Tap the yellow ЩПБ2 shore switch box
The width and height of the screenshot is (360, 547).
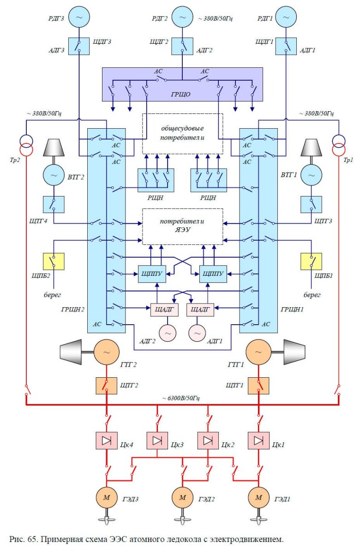click(54, 261)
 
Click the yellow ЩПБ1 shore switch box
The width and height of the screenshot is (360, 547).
click(311, 261)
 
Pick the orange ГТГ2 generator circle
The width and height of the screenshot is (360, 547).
click(107, 352)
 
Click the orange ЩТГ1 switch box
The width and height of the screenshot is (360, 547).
click(258, 385)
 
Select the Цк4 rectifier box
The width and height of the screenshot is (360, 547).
click(107, 441)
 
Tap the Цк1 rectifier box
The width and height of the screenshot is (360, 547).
click(258, 441)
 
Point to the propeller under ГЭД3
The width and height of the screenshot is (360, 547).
click(107, 518)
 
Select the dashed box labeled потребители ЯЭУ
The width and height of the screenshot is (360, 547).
click(183, 226)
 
